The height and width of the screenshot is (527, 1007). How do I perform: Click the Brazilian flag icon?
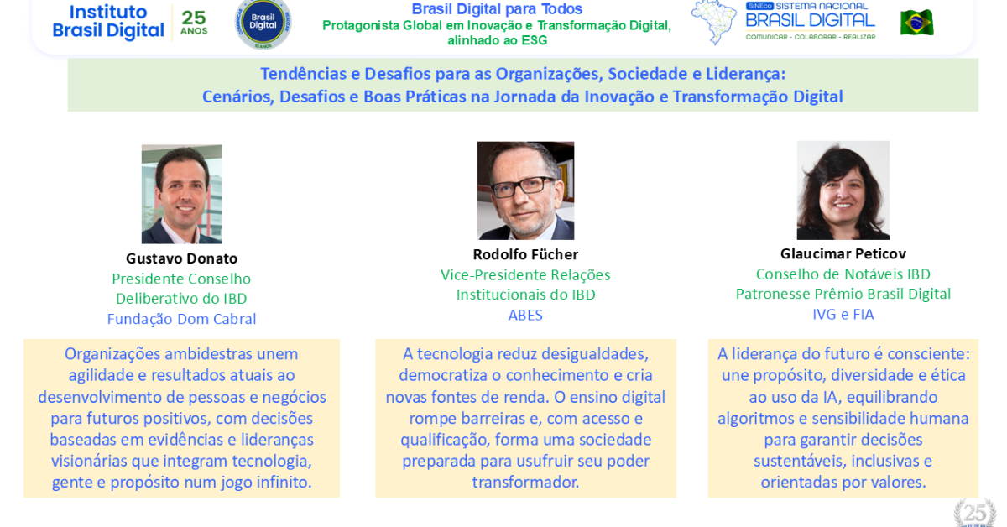click(x=916, y=23)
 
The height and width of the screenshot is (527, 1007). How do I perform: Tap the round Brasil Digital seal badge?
click(x=263, y=23)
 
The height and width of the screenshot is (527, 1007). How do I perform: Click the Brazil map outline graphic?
click(x=714, y=23)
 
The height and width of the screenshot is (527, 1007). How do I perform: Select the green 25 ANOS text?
click(x=194, y=23)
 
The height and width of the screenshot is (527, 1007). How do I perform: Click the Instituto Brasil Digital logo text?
click(x=108, y=21)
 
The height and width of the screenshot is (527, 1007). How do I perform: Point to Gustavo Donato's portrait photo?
click(x=181, y=194)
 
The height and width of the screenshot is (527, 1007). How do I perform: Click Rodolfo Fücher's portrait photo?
click(x=525, y=190)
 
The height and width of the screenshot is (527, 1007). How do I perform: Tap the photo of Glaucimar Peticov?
click(x=843, y=190)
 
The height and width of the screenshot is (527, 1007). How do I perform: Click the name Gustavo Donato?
click(x=181, y=258)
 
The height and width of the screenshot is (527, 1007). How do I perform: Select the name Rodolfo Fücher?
click(x=525, y=254)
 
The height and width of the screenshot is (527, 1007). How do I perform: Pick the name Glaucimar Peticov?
click(x=843, y=254)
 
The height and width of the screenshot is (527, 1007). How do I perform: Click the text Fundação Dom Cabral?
click(x=181, y=319)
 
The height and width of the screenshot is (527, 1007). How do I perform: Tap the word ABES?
click(x=525, y=316)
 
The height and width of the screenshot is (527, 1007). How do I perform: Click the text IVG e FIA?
click(x=843, y=315)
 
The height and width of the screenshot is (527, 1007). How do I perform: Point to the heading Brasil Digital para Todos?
click(x=497, y=9)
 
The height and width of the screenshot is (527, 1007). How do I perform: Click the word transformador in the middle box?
click(x=525, y=482)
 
